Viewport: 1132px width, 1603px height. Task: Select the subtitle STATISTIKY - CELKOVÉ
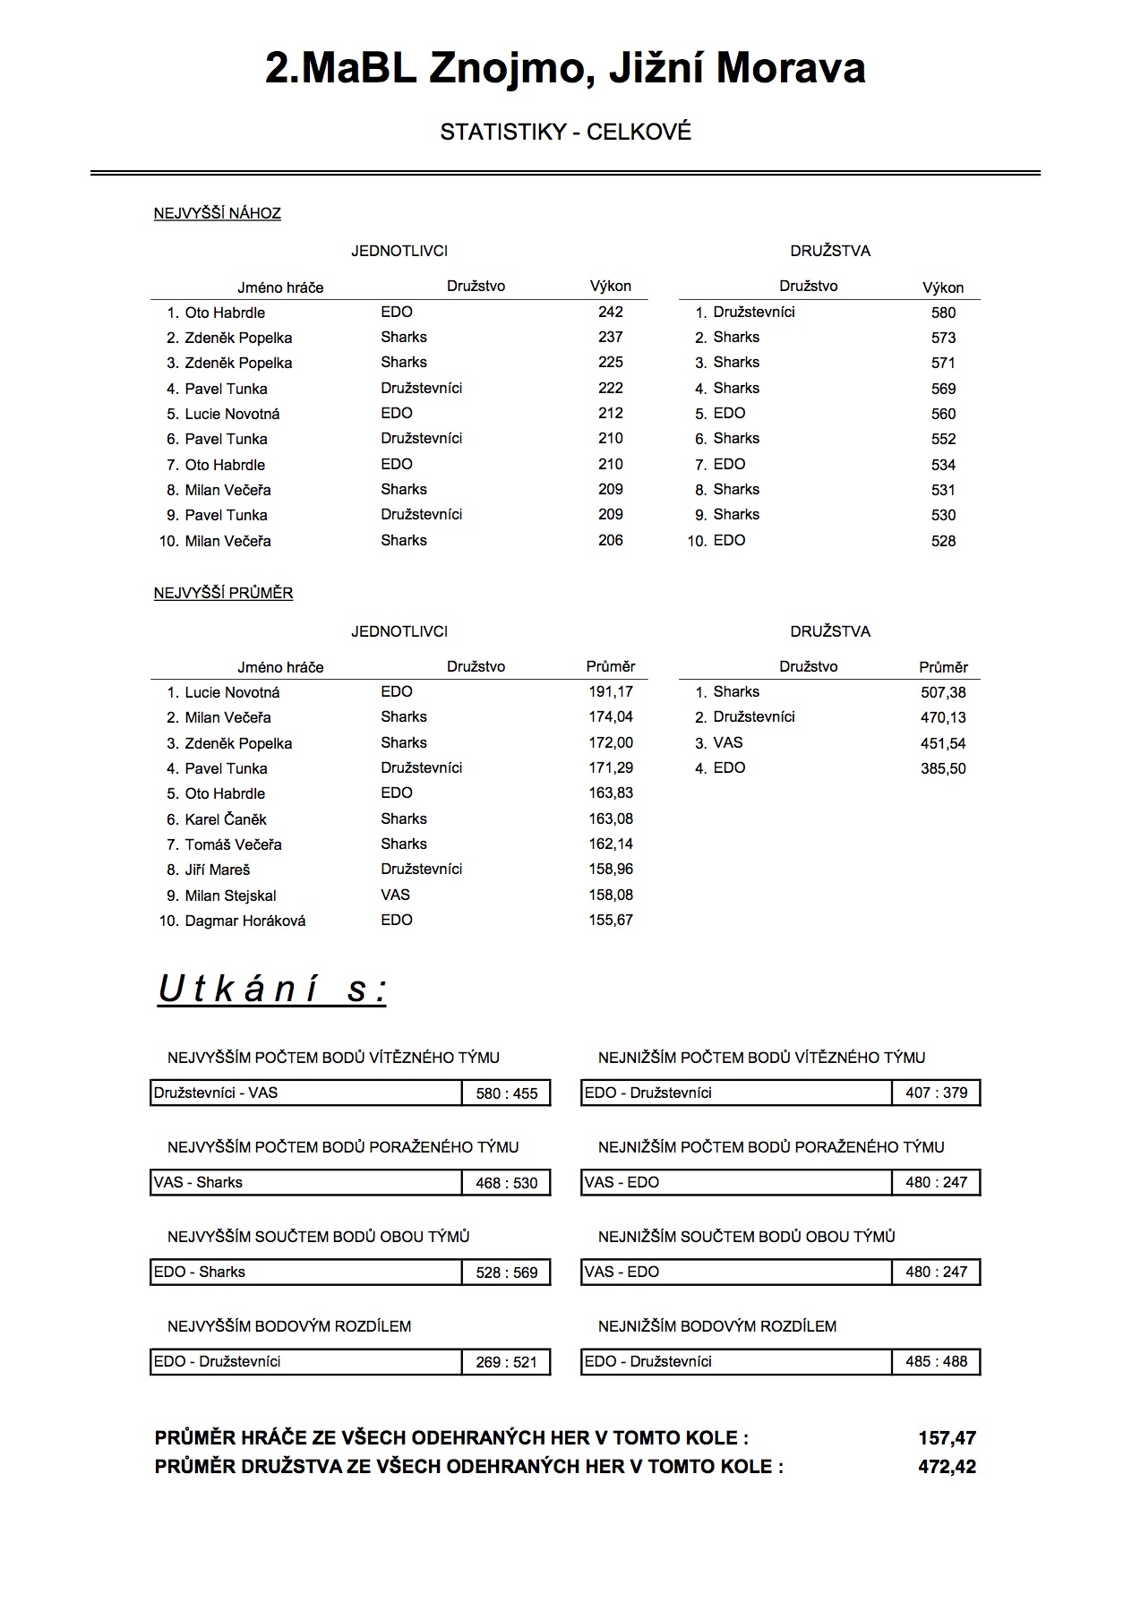pos(565,133)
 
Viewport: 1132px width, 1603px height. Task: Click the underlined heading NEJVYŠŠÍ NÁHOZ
pos(218,213)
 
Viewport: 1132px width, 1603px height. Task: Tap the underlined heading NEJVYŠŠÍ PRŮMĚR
pos(223,593)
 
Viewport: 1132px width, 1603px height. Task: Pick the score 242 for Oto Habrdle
pos(610,312)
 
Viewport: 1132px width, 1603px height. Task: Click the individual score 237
pos(610,337)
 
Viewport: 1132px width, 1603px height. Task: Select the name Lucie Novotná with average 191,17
pos(232,692)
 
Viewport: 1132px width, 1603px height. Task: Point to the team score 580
pos(943,313)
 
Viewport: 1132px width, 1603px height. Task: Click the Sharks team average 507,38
pos(943,692)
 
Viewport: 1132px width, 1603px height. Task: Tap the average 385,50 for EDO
pos(943,768)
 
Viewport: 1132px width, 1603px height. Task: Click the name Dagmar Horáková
pos(244,921)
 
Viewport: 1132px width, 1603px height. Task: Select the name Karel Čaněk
pos(226,819)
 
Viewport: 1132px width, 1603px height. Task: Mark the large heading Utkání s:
pos(272,990)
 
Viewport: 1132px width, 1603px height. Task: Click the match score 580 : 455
pos(506,1093)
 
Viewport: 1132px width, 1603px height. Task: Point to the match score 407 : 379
pos(936,1093)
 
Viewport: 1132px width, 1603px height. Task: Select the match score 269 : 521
pos(506,1362)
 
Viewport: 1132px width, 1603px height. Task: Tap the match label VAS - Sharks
pos(198,1182)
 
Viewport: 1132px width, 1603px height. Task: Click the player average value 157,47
pos(947,1438)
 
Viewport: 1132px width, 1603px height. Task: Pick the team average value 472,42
pos(947,1467)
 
